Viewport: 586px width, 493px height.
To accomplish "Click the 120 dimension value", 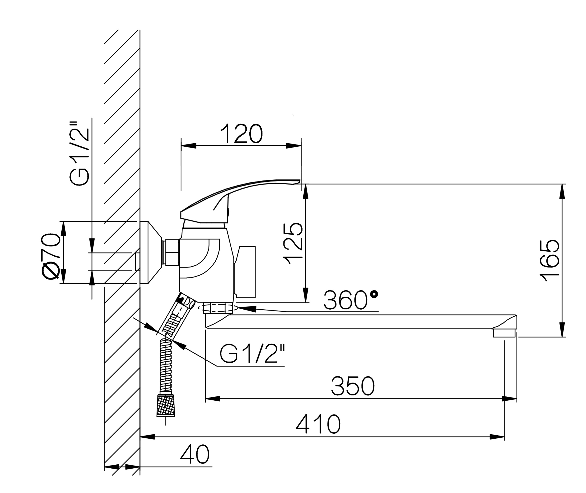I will point(241,134).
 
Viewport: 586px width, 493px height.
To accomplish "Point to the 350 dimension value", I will point(353,386).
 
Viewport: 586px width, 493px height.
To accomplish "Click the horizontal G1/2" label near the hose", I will point(252,353).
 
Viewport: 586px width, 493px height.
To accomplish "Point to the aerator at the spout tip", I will point(504,333).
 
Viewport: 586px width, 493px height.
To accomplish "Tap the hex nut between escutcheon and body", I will point(171,252).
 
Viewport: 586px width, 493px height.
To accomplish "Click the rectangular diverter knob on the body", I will point(245,272).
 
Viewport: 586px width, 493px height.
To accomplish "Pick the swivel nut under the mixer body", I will point(218,308).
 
